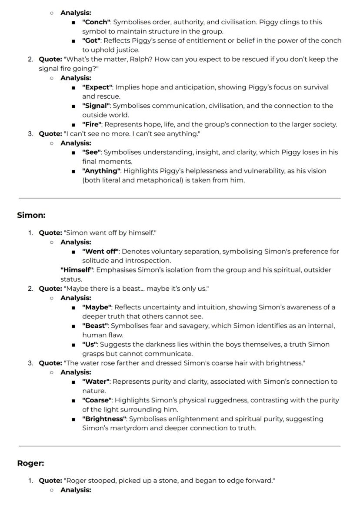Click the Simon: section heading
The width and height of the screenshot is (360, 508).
tap(31, 215)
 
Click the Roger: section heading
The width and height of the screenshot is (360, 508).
tap(30, 463)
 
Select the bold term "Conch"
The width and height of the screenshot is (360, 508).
tap(97, 22)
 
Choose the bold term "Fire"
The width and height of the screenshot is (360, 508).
tap(91, 125)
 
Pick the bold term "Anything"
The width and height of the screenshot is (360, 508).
tap(101, 171)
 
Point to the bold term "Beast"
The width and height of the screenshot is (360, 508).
tap(96, 326)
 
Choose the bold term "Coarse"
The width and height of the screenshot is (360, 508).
tap(97, 400)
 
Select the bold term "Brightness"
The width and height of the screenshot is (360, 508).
tap(104, 419)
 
